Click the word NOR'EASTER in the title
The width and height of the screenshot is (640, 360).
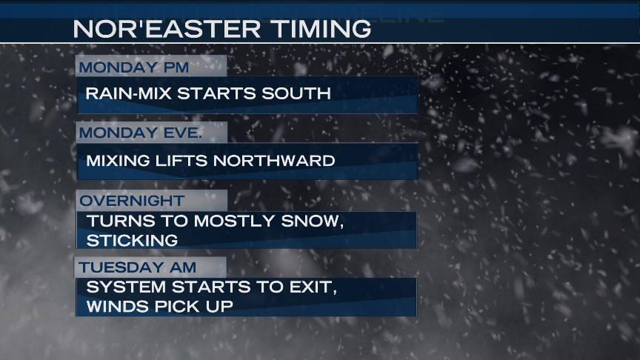tap(167, 29)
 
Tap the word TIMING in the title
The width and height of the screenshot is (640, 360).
tap(321, 29)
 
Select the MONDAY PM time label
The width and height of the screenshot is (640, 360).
tap(134, 67)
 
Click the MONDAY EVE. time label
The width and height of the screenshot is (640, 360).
tap(141, 133)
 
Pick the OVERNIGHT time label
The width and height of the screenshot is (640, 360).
tap(132, 201)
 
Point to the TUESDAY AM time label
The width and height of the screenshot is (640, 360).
tap(137, 267)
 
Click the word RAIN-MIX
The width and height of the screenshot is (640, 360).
tap(129, 93)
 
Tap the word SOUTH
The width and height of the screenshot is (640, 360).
tap(296, 93)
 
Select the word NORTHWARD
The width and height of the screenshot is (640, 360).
tap(274, 161)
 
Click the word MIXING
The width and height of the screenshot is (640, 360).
tap(118, 161)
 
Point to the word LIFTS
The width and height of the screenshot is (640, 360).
tap(181, 161)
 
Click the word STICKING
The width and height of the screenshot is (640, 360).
tap(133, 241)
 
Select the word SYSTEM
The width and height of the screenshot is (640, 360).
tap(126, 287)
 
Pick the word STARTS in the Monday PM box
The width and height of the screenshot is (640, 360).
tap(216, 93)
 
